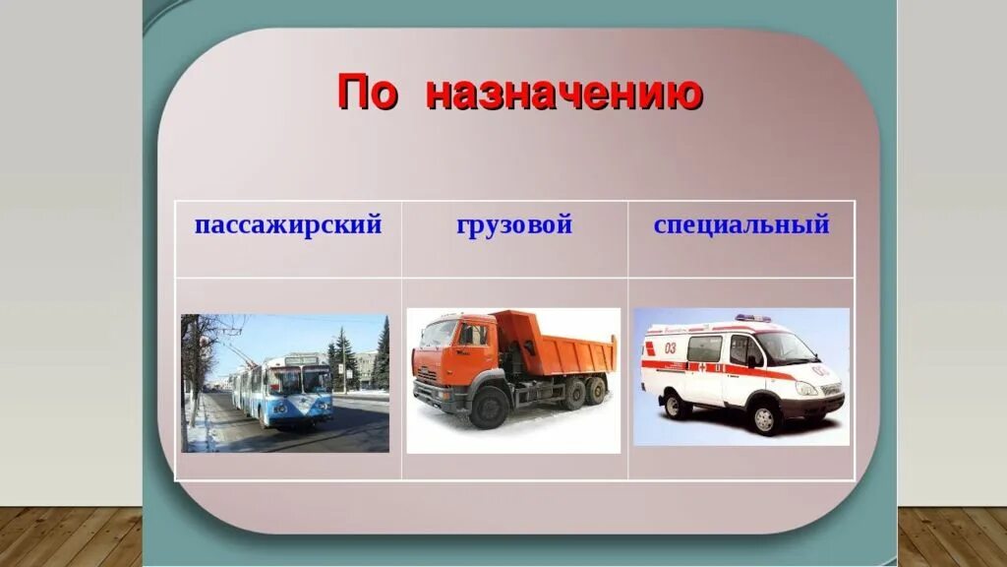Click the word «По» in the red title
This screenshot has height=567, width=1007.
368,93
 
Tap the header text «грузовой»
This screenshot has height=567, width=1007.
514,225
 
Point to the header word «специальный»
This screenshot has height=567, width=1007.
741,225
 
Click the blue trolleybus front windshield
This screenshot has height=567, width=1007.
299,379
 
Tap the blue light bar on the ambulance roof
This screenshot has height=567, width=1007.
753,318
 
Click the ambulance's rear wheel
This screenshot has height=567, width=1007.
677,404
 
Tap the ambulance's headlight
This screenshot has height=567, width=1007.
805,388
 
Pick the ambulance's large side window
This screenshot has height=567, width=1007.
704,347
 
